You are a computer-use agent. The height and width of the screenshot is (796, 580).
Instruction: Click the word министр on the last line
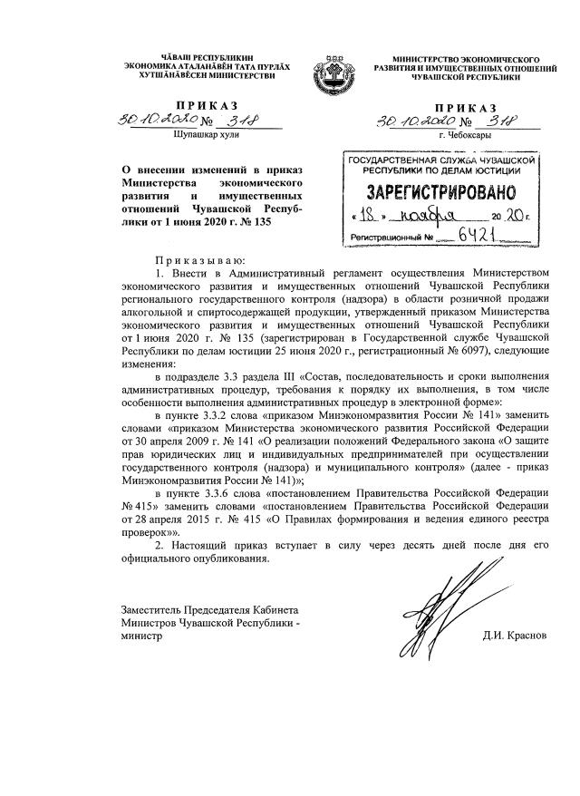pos(140,636)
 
